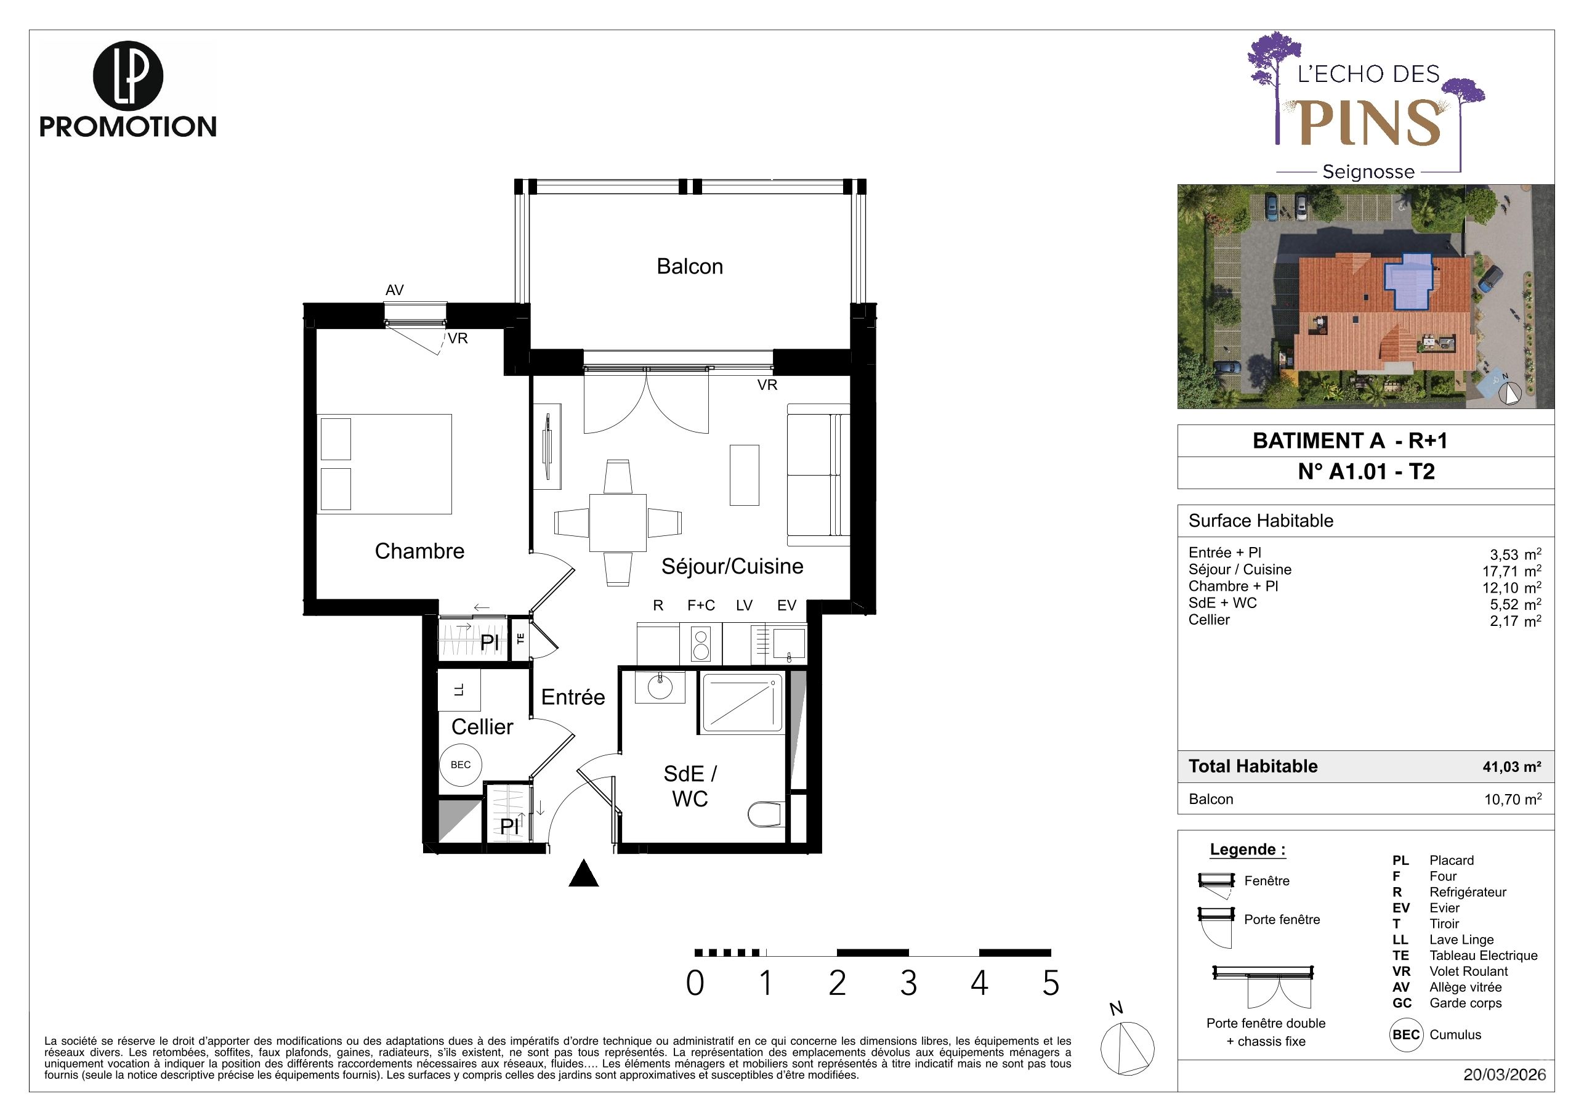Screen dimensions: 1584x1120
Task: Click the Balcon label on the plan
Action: click(x=689, y=266)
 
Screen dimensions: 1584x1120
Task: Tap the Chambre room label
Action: click(x=419, y=551)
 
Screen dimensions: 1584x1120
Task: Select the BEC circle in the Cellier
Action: click(x=461, y=765)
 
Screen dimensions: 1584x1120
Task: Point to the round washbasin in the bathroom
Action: click(x=660, y=687)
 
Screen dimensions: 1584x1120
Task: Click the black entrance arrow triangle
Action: click(x=584, y=872)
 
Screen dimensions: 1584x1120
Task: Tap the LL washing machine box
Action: click(x=459, y=689)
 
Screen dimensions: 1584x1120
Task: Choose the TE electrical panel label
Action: click(x=520, y=639)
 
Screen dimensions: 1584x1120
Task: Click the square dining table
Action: click(x=618, y=522)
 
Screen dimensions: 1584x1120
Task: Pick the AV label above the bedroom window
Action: click(x=394, y=291)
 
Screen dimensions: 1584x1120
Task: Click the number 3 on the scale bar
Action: click(x=908, y=983)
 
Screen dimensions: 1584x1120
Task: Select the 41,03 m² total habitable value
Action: click(x=1511, y=766)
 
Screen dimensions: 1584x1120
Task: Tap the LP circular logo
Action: click(x=127, y=76)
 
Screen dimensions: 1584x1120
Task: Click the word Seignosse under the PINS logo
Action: click(x=1368, y=172)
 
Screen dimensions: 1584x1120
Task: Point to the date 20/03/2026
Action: click(x=1505, y=1074)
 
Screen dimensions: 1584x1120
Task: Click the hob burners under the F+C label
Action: click(x=701, y=643)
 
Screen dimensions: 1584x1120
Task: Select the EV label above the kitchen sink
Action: click(x=786, y=605)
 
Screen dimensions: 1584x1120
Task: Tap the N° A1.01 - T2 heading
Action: click(x=1366, y=471)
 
